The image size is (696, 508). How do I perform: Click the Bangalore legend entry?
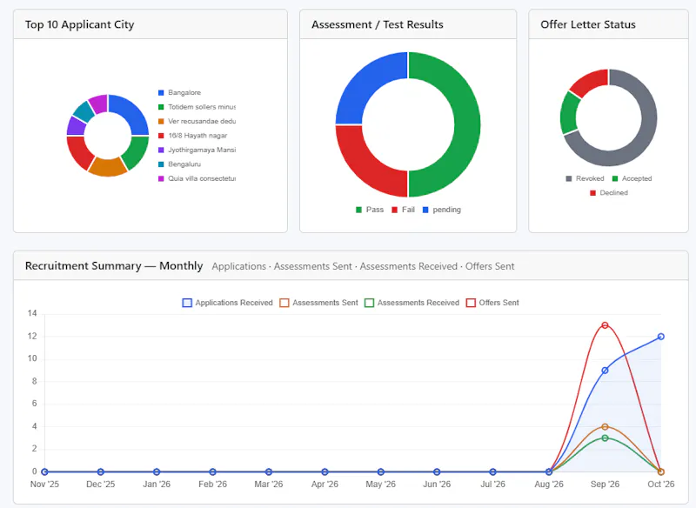click(x=180, y=93)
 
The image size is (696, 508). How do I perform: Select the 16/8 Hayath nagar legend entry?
click(x=192, y=136)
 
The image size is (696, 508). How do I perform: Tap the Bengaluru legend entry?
click(x=180, y=164)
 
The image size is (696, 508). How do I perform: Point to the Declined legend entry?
click(x=609, y=193)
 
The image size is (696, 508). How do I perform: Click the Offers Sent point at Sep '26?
click(x=605, y=325)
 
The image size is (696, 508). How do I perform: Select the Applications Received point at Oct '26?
click(x=661, y=337)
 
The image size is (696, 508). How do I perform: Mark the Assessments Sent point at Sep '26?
click(x=605, y=427)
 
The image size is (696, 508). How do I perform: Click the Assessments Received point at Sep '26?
click(x=605, y=438)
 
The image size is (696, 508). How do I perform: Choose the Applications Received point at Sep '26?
click(x=605, y=371)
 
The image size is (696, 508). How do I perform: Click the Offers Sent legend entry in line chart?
click(x=492, y=303)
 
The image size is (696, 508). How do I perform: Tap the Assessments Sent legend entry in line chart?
click(x=318, y=303)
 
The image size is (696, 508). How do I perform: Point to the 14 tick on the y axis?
click(x=32, y=314)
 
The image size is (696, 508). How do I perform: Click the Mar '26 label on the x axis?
click(x=269, y=484)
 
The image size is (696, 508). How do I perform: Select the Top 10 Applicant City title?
click(x=79, y=24)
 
